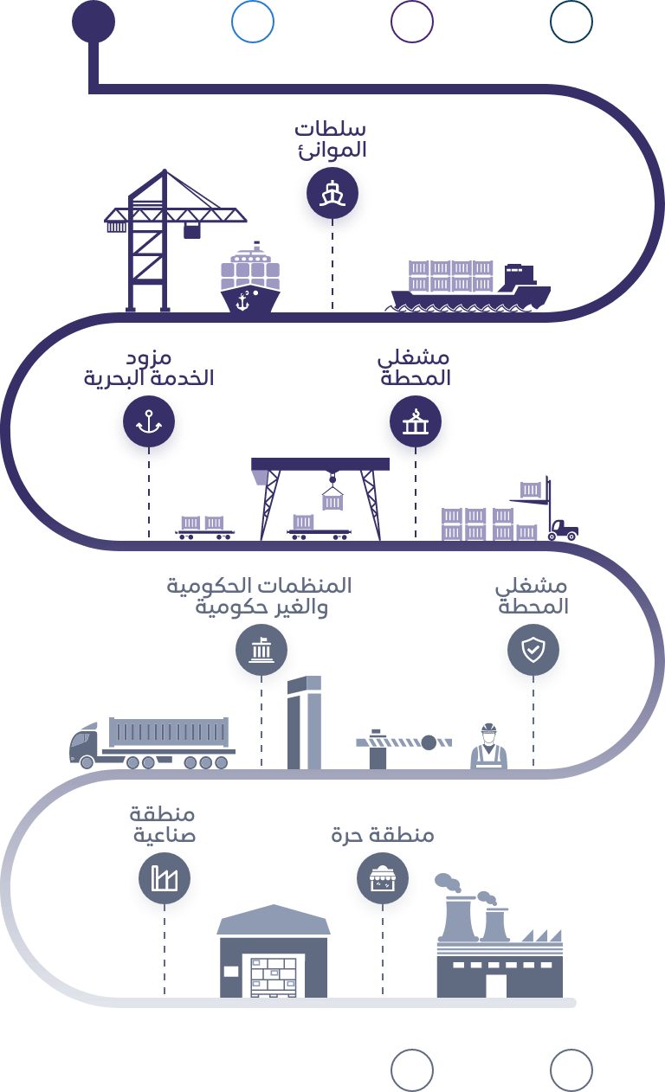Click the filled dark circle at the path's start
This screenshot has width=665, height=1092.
coord(93,22)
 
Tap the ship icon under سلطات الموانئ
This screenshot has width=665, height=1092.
coord(332,198)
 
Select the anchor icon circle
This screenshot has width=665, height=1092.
coord(149,427)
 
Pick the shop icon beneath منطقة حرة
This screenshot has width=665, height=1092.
coord(382,883)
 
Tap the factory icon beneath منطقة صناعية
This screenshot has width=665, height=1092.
coord(164,883)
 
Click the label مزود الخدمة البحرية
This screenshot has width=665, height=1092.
coord(149,369)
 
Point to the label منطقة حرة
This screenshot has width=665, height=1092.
coord(382,836)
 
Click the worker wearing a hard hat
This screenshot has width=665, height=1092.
coord(488,746)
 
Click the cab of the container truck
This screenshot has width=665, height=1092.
coord(85,744)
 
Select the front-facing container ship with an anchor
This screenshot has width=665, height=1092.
coord(250,280)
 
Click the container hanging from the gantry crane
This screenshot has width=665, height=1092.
coord(332,501)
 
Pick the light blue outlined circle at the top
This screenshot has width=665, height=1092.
coord(253,22)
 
